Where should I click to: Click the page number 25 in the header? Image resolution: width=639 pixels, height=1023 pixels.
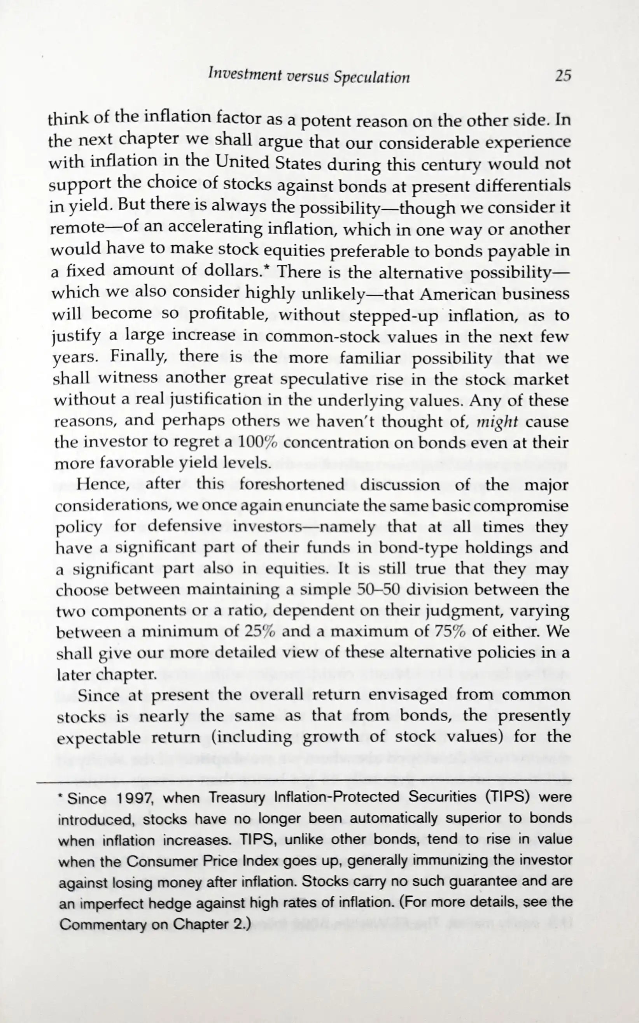coord(562,77)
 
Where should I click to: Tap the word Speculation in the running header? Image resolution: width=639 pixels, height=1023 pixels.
coord(371,77)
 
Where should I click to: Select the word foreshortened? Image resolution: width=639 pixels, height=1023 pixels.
coord(292,484)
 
